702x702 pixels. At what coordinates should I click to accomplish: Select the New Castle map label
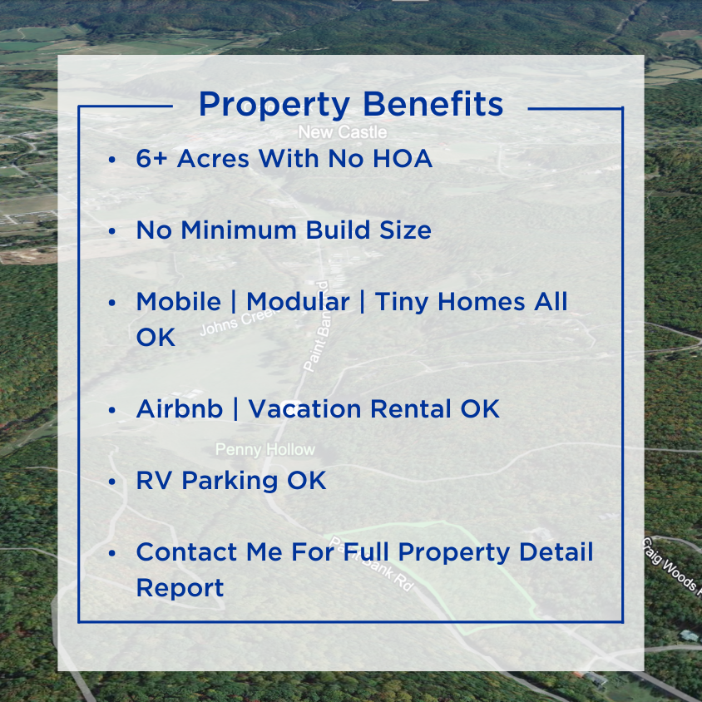[x=342, y=132]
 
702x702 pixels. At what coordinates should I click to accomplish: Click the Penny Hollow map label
[x=265, y=449]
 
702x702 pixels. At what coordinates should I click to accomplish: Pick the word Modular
[x=298, y=301]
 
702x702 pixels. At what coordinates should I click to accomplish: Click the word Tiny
[x=403, y=301]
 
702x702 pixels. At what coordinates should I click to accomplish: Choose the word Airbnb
[x=180, y=409]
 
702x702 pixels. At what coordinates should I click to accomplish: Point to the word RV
[x=155, y=481]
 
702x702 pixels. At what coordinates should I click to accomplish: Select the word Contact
[x=186, y=551]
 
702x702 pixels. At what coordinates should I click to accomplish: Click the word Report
[x=180, y=588]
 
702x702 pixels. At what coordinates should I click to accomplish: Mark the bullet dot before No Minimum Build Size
[x=111, y=230]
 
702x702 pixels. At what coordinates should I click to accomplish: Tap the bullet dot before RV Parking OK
[x=111, y=482]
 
